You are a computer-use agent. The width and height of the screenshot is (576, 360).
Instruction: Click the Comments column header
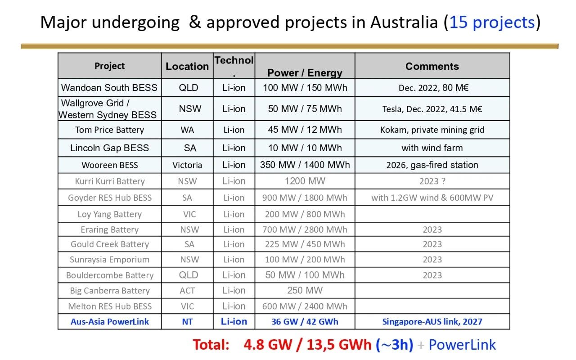click(432, 66)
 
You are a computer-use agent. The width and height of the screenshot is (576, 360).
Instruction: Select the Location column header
click(187, 66)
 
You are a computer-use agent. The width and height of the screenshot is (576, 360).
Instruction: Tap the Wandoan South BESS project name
click(109, 88)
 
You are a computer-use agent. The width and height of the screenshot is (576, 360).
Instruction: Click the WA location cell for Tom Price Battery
click(187, 130)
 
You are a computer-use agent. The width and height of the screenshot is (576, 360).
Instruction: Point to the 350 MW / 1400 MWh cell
click(305, 165)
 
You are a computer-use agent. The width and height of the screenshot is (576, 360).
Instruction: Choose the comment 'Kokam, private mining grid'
click(432, 130)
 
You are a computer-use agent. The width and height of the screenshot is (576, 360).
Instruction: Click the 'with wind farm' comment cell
click(432, 148)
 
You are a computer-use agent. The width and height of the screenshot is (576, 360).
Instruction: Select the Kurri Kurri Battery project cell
click(110, 181)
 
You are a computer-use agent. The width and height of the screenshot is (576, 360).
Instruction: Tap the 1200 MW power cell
click(305, 181)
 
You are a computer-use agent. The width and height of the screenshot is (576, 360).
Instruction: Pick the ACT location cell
click(187, 291)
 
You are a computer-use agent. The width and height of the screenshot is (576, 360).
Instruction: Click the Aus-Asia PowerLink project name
click(110, 322)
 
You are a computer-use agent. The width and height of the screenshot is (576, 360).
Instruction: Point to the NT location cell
click(187, 322)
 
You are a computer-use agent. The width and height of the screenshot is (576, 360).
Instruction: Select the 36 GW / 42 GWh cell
click(305, 322)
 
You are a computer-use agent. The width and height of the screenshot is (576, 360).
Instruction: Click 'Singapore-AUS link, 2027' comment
click(432, 322)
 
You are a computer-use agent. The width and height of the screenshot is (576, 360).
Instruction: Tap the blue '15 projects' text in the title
click(492, 22)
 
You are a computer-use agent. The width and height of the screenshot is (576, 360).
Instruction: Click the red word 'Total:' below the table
click(211, 345)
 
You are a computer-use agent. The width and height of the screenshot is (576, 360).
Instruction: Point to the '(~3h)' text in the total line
click(395, 345)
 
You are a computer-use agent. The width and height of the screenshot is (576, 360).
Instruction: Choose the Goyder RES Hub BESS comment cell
click(432, 198)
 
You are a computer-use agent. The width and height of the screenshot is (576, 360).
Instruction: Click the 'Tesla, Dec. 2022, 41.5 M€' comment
click(432, 109)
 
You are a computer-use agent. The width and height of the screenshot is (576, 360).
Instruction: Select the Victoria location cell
click(187, 165)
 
